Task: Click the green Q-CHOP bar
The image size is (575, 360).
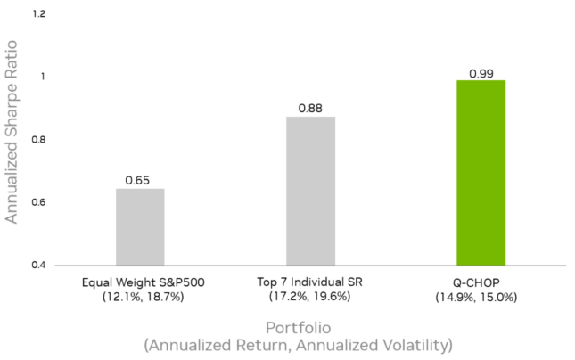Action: click(x=481, y=173)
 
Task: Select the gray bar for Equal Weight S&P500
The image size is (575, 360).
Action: click(x=140, y=226)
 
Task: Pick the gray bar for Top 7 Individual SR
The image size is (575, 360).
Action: click(x=310, y=191)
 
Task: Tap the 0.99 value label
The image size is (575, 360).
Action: click(x=481, y=71)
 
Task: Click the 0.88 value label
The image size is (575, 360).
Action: click(x=310, y=108)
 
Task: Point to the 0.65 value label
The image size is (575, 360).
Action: click(x=140, y=180)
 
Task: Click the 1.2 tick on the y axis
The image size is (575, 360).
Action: click(x=39, y=15)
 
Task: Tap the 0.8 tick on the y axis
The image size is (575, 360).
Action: click(x=39, y=140)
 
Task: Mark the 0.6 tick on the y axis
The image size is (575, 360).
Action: click(x=39, y=203)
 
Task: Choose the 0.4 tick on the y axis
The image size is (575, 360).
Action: click(x=39, y=266)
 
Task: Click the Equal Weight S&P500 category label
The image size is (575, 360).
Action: click(x=140, y=282)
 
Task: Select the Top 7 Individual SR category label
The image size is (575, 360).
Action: click(x=310, y=282)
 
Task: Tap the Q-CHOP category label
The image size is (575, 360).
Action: click(x=481, y=282)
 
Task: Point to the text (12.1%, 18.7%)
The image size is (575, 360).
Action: click(x=140, y=296)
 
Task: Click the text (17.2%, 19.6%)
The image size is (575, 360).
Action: click(x=310, y=296)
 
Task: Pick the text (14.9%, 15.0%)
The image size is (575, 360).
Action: click(x=481, y=296)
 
